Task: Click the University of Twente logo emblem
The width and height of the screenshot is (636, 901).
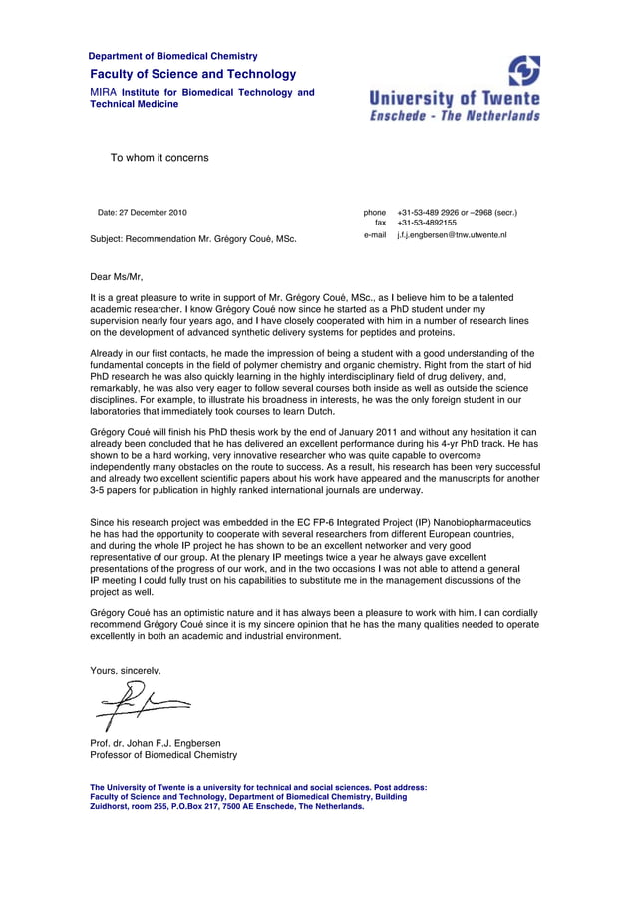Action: pyautogui.click(x=524, y=71)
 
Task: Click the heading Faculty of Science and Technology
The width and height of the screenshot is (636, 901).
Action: pyautogui.click(x=192, y=74)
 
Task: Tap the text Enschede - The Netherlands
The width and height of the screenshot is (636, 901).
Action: pyautogui.click(x=455, y=115)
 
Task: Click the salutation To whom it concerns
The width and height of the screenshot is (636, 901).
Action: pyautogui.click(x=159, y=158)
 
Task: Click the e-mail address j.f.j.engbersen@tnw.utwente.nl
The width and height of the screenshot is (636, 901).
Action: pyautogui.click(x=452, y=235)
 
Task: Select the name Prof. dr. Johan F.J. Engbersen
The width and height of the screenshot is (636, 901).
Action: pyautogui.click(x=156, y=743)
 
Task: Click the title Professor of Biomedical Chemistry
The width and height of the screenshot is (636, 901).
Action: pyautogui.click(x=163, y=755)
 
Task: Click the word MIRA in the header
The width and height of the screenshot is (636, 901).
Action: pyautogui.click(x=104, y=92)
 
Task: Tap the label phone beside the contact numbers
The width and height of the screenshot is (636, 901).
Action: pyautogui.click(x=374, y=213)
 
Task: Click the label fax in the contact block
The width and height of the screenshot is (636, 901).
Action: pyautogui.click(x=380, y=224)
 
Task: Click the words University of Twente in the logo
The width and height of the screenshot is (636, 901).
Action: pyautogui.click(x=455, y=98)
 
